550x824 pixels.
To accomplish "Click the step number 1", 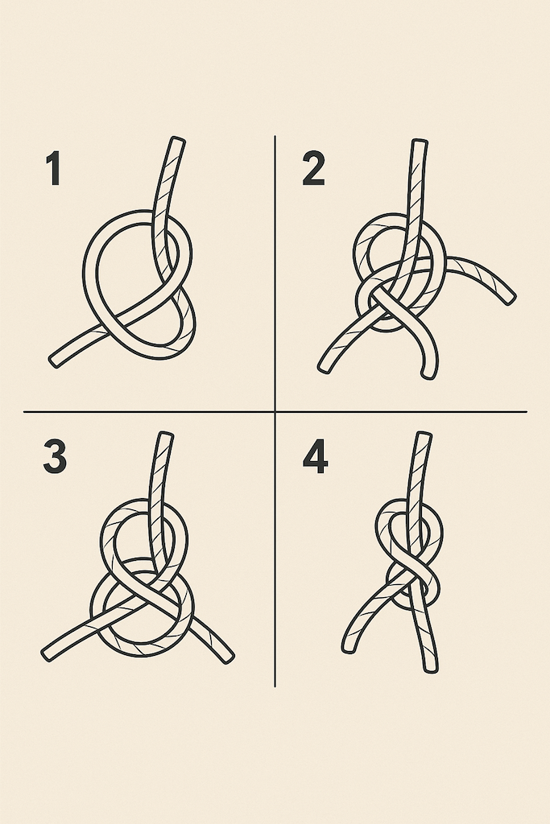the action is tap(54, 168).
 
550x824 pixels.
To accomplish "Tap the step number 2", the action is tap(313, 168).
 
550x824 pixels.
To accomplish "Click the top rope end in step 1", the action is tap(179, 140).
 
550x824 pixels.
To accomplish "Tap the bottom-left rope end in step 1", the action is tap(54, 361).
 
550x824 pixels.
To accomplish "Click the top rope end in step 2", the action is tap(420, 142).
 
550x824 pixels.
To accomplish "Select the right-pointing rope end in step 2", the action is tap(509, 299).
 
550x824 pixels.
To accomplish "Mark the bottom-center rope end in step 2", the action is tap(429, 374).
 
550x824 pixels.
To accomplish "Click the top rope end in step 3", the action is tap(166, 435).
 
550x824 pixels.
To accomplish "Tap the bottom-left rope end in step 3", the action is tap(46, 654).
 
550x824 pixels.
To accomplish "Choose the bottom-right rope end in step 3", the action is tap(228, 657).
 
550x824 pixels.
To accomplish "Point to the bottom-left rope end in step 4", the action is tap(348, 649).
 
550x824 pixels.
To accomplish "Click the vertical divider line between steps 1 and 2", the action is tap(275, 274).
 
